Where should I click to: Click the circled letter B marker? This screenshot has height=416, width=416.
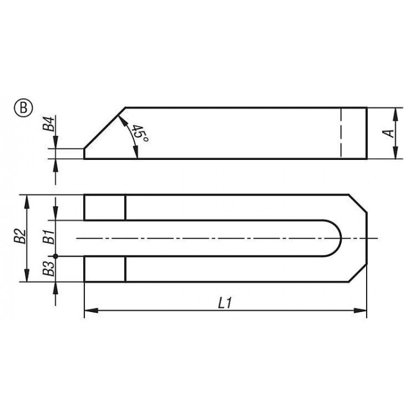pos(23,109)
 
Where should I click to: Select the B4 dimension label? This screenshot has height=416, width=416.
pos(49,124)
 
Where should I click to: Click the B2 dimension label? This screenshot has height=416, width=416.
pos(20,236)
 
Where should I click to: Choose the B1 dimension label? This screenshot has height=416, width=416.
pos(49,237)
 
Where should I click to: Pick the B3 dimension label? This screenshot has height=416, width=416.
pos(49,269)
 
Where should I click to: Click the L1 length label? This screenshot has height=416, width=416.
pos(225,303)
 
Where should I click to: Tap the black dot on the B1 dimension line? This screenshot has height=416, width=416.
pos(55,256)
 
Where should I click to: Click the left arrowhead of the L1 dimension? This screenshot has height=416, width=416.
pos(91,310)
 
